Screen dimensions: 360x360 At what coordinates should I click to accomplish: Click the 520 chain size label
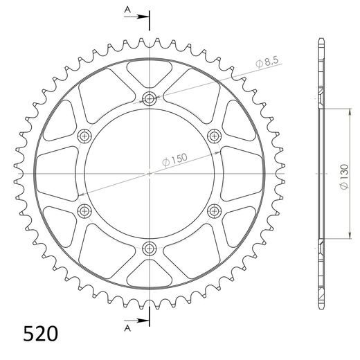point(31,332)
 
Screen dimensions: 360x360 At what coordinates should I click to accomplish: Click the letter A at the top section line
point(127,9)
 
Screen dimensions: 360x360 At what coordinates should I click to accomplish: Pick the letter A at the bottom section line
point(127,327)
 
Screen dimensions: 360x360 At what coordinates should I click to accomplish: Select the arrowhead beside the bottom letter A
point(144,321)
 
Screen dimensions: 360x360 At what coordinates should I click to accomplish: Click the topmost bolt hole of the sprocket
point(150,98)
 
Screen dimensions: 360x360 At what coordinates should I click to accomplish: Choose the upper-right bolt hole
point(214,135)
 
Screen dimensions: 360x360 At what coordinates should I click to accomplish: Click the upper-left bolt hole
point(84,135)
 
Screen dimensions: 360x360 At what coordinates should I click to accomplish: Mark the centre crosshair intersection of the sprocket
point(150,172)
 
